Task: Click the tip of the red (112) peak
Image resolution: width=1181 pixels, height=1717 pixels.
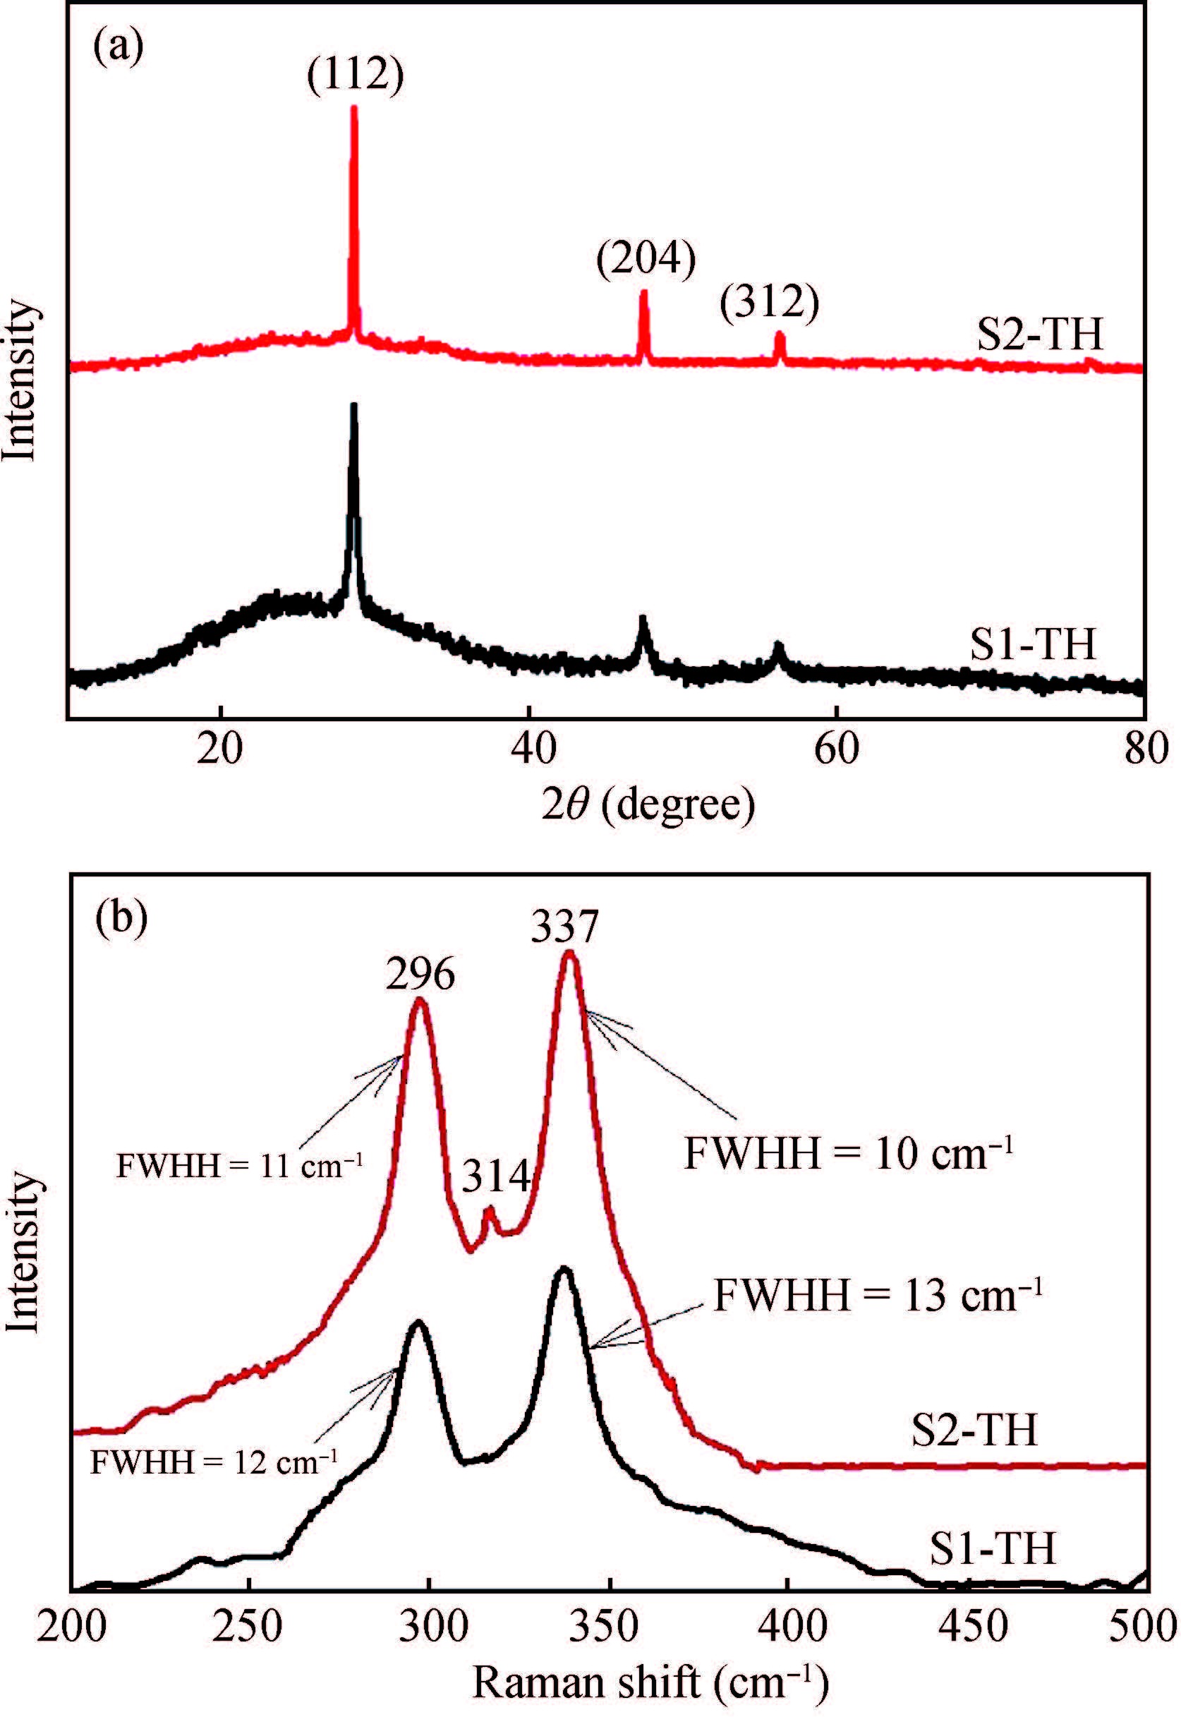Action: (354, 108)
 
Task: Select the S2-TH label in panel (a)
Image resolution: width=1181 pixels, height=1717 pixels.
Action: (1040, 334)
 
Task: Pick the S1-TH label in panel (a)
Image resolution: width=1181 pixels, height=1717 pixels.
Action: (1033, 644)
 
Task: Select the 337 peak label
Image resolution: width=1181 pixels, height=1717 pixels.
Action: (564, 926)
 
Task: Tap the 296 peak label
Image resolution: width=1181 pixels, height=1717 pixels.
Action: (420, 974)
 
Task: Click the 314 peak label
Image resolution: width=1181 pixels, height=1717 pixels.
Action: (497, 1174)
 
